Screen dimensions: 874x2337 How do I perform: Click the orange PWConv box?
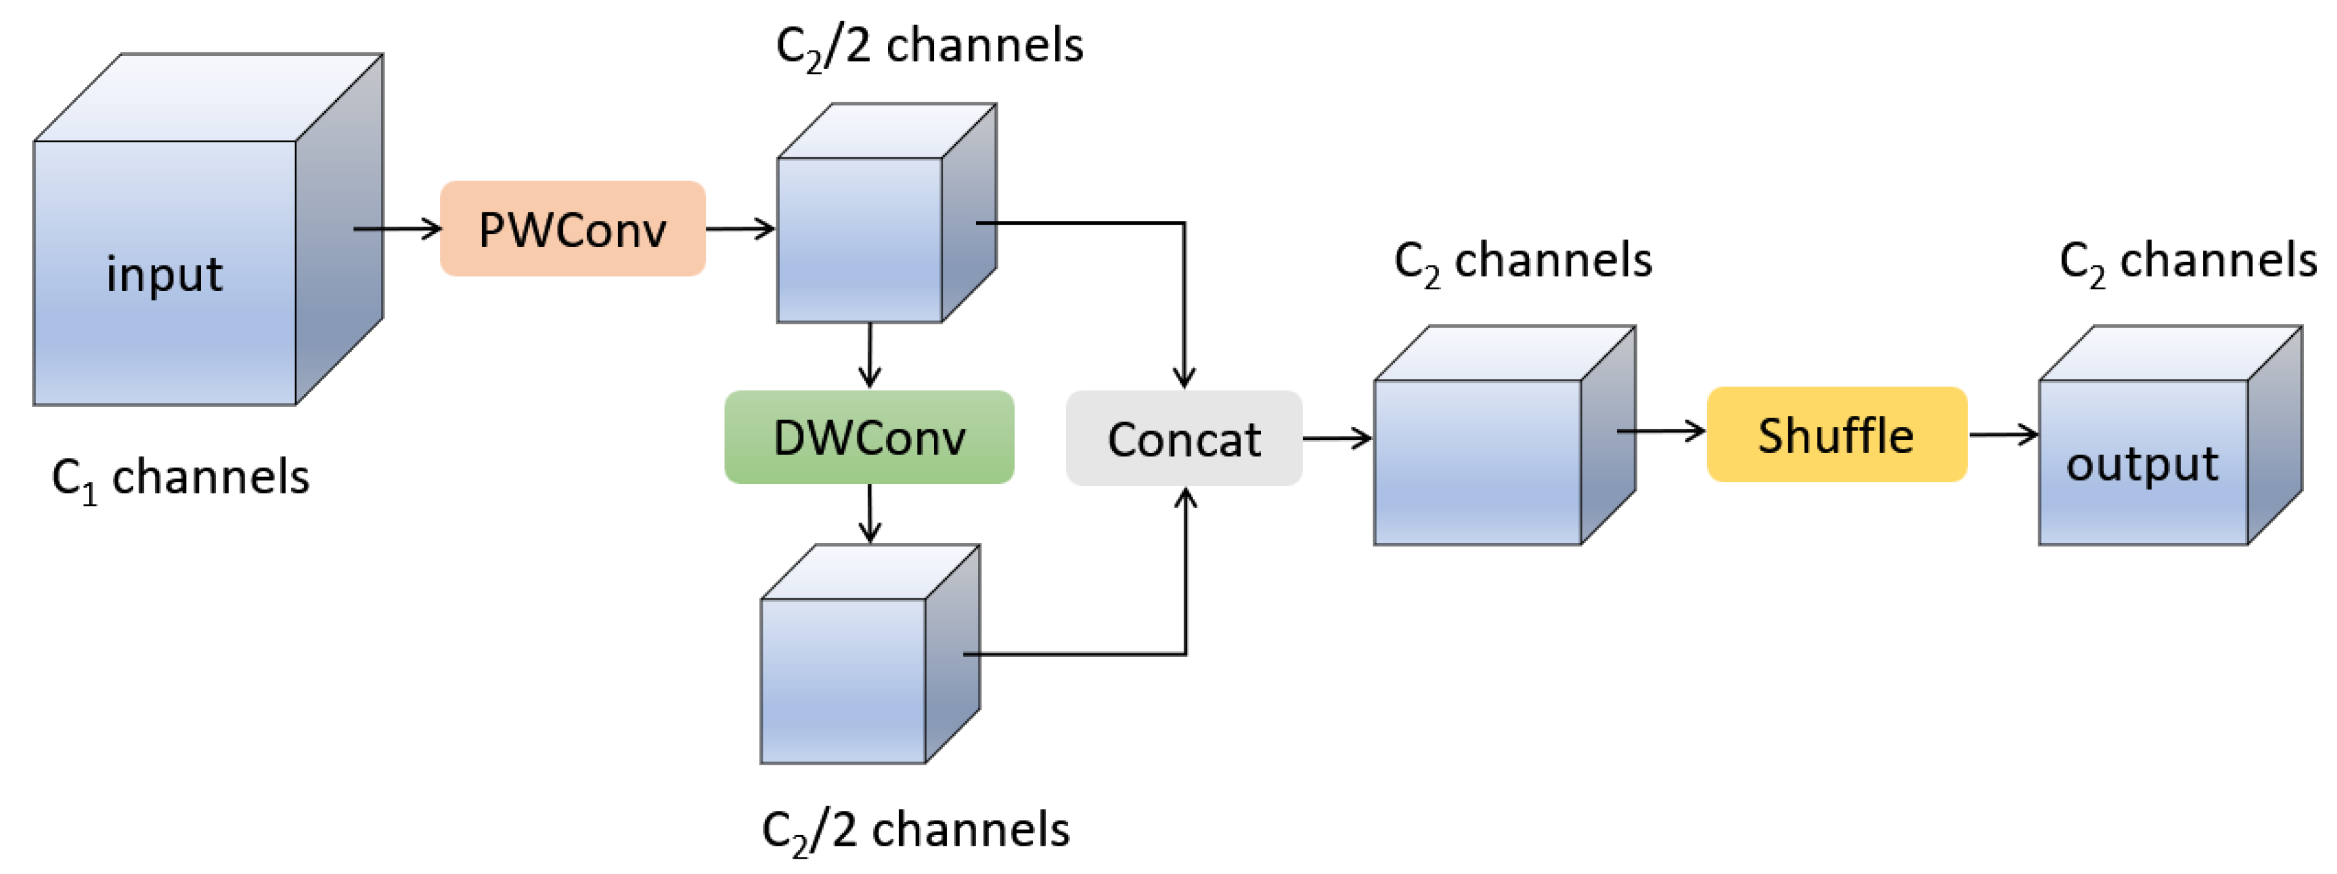(x=572, y=229)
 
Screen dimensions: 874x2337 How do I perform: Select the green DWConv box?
(x=869, y=438)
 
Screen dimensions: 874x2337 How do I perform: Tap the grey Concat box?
(x=1184, y=439)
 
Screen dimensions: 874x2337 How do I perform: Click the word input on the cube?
(x=164, y=274)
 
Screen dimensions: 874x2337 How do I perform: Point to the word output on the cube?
(x=2142, y=464)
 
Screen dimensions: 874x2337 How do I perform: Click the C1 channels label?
(x=181, y=478)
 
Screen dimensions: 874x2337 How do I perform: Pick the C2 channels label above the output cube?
(x=2187, y=261)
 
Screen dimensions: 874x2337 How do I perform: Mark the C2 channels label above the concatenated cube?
(x=1523, y=261)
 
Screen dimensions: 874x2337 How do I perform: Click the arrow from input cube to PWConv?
(x=398, y=229)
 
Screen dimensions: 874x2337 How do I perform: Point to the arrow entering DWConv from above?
(x=870, y=356)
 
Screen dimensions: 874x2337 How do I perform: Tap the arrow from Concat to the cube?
(x=1337, y=439)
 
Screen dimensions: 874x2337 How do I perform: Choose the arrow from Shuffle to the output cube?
(x=2003, y=435)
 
